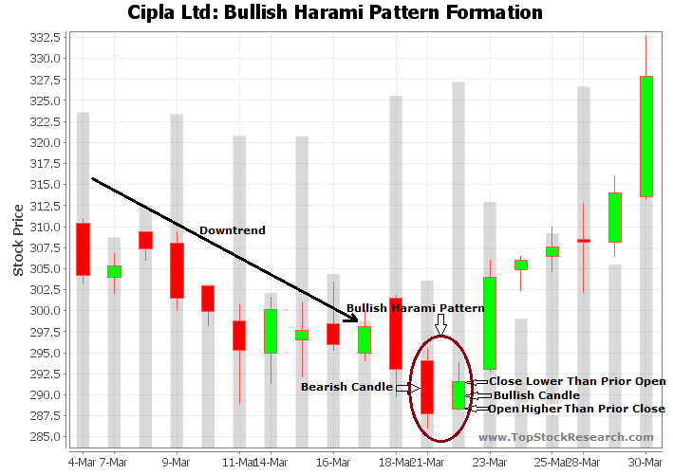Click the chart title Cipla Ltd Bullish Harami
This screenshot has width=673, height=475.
(335, 13)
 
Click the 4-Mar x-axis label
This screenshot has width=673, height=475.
(82, 462)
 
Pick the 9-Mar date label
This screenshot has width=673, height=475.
(177, 462)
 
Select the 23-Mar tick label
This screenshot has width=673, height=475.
(490, 462)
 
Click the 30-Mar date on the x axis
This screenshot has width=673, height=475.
(646, 462)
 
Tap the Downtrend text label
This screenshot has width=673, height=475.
(232, 230)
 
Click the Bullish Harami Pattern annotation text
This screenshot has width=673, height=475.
(415, 308)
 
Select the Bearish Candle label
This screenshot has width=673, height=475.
(346, 387)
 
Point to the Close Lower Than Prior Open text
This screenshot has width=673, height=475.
(577, 381)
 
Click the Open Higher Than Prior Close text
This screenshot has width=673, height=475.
(576, 409)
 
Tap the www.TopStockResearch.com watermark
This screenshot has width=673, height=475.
(566, 437)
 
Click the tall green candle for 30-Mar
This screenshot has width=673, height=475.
(646, 137)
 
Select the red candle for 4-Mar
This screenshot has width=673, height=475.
(83, 249)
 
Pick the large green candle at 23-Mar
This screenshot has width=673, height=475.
(490, 323)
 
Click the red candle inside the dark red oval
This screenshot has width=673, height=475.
(427, 387)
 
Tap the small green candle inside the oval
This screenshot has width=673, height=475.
(458, 395)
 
